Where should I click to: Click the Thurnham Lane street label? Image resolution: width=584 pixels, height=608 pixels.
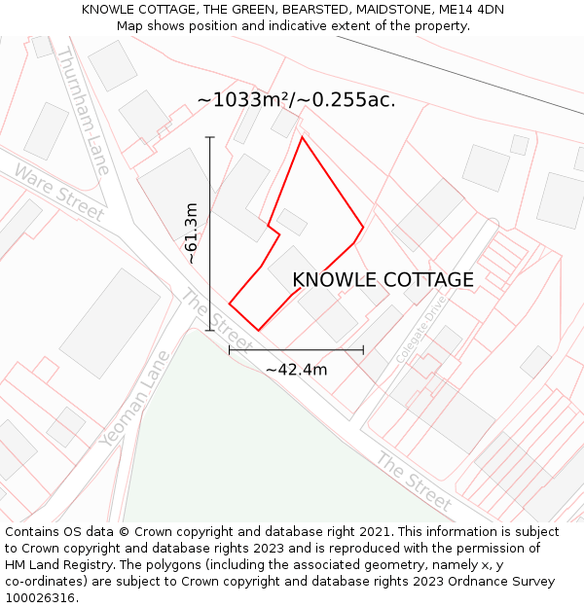(84, 111)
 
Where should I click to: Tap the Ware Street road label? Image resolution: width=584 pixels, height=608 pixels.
(59, 192)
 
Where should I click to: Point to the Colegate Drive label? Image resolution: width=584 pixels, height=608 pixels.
(420, 330)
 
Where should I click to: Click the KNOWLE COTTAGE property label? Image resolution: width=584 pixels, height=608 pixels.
(383, 280)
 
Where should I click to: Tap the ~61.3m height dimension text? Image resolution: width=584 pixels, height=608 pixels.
(192, 233)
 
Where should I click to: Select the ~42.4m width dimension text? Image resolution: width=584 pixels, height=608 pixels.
(296, 369)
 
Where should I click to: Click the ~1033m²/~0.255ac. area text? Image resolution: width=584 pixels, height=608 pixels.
(296, 100)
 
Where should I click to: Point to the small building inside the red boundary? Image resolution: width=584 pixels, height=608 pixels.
(292, 223)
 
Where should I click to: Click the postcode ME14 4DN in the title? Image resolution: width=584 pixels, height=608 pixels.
(471, 10)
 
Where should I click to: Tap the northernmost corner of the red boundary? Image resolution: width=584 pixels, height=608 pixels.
(302, 137)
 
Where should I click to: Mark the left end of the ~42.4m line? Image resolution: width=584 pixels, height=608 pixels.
(230, 350)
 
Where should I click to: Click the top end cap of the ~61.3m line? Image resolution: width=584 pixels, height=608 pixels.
(210, 137)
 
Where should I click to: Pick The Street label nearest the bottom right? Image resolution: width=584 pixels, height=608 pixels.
(414, 482)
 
